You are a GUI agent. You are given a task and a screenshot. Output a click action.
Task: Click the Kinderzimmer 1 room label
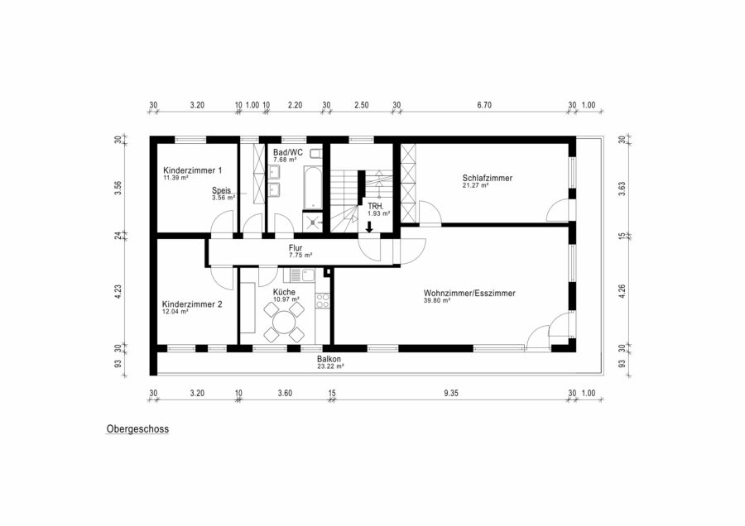(x=192, y=170)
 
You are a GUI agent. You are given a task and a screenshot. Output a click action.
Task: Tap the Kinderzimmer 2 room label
(x=192, y=304)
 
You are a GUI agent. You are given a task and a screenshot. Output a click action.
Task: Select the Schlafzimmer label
(x=488, y=178)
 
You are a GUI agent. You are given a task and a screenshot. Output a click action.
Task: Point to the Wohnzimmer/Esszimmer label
(x=469, y=294)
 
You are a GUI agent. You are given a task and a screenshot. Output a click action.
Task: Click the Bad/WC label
(x=288, y=152)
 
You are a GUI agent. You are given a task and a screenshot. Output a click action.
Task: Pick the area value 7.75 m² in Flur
(x=300, y=255)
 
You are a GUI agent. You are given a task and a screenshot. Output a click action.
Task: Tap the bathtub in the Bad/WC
(x=313, y=188)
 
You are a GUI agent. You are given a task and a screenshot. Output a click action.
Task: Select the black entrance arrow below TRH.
(x=369, y=227)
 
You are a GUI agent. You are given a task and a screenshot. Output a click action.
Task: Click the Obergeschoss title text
(x=137, y=429)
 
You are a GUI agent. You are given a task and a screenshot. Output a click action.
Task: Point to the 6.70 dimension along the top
(x=484, y=105)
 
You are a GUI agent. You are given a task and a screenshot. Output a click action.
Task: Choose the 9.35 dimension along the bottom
(x=451, y=393)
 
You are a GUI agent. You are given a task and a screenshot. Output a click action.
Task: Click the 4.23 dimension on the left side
(x=118, y=291)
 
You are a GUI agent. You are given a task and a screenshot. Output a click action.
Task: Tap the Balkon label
(x=329, y=360)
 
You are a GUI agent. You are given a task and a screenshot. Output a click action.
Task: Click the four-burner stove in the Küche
(x=323, y=300)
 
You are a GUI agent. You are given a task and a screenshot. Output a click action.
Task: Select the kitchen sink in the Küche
(x=301, y=275)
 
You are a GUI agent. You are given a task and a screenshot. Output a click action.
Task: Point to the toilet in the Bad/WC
(x=316, y=153)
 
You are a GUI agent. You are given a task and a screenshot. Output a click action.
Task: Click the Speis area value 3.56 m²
(x=223, y=198)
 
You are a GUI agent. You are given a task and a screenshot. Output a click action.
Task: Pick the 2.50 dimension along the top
(x=362, y=105)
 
